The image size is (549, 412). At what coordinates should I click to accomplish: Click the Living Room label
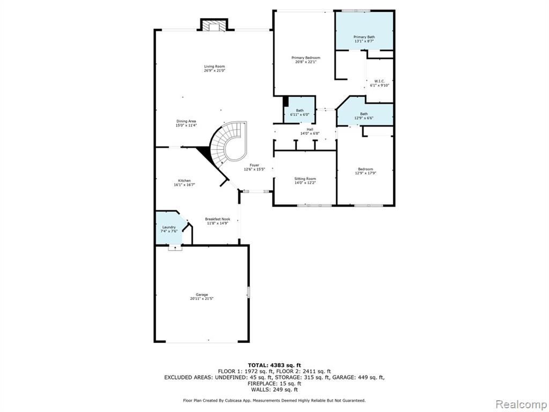click(x=214, y=66)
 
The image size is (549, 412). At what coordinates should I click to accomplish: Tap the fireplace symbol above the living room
click(x=214, y=26)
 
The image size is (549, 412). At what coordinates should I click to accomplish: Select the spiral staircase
click(x=227, y=144)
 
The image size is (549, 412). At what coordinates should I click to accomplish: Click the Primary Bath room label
click(x=364, y=37)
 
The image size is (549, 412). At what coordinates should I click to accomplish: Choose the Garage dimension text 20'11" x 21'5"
click(x=202, y=299)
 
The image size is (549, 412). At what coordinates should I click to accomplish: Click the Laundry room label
click(x=169, y=227)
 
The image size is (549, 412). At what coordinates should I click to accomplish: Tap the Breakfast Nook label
click(x=218, y=219)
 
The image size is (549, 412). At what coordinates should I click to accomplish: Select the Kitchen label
click(x=184, y=181)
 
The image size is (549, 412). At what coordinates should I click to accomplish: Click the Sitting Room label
click(x=305, y=179)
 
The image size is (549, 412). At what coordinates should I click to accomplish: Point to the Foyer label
click(x=254, y=165)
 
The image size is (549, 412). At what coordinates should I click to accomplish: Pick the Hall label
click(x=310, y=129)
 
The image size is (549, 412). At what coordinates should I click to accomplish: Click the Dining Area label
click(x=186, y=121)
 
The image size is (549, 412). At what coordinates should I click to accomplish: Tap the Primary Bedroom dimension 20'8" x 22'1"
click(x=306, y=62)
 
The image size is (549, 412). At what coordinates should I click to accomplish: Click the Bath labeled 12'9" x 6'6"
click(x=364, y=114)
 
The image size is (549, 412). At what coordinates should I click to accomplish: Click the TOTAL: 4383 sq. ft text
click(x=274, y=365)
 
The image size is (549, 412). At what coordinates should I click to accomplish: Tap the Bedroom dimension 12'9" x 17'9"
click(x=366, y=173)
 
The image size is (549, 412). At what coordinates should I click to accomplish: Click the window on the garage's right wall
click(x=249, y=292)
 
